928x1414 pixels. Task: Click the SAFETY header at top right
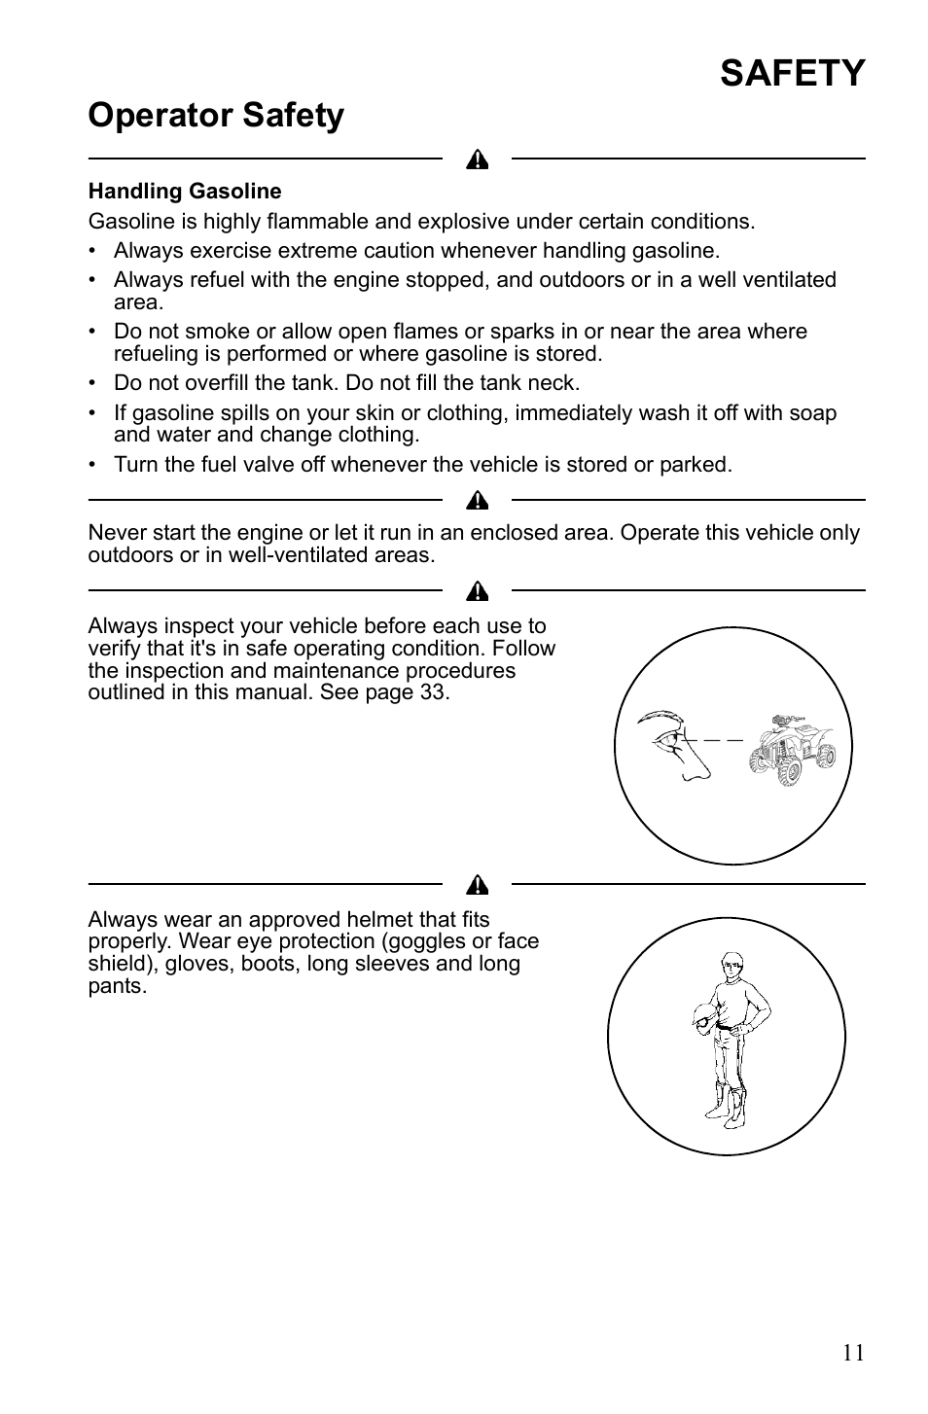[x=792, y=73]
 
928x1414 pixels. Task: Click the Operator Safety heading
[x=216, y=116]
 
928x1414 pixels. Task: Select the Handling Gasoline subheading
[x=185, y=191]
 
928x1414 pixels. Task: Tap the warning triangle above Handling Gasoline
[x=477, y=159]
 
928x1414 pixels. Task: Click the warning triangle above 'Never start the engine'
[x=477, y=501]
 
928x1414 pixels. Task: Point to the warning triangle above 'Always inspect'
[x=477, y=591]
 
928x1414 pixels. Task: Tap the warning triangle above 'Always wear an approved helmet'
[x=477, y=885]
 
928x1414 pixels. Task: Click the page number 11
[x=853, y=1353]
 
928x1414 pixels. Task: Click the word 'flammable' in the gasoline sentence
[x=317, y=222]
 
